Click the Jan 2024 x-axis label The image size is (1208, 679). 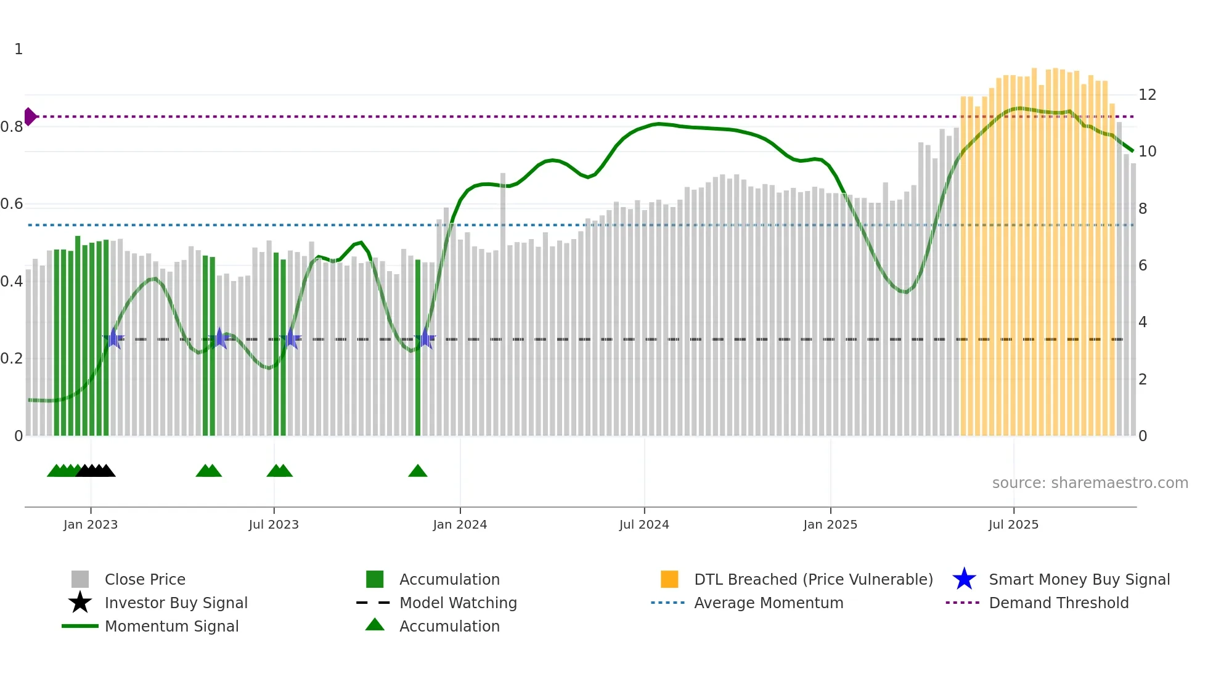click(460, 524)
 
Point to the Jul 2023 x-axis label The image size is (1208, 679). click(274, 524)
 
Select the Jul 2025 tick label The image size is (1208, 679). click(1013, 524)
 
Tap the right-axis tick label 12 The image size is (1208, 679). click(1147, 95)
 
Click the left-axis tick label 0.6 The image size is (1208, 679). click(12, 204)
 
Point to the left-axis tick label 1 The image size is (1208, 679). click(18, 49)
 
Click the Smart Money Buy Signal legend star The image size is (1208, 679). click(964, 579)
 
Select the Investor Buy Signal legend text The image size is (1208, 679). click(176, 603)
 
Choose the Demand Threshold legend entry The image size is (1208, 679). click(1058, 603)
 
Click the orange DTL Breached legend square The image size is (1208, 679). click(669, 579)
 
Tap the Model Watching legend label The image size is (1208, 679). click(458, 603)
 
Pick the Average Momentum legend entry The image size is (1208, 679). click(768, 603)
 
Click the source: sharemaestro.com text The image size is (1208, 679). click(1090, 483)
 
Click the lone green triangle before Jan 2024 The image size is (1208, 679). click(418, 471)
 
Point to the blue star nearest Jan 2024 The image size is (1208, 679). click(425, 338)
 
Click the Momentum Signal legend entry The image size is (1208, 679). click(171, 626)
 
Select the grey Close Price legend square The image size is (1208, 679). click(80, 579)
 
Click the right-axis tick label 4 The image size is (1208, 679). click(1143, 322)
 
